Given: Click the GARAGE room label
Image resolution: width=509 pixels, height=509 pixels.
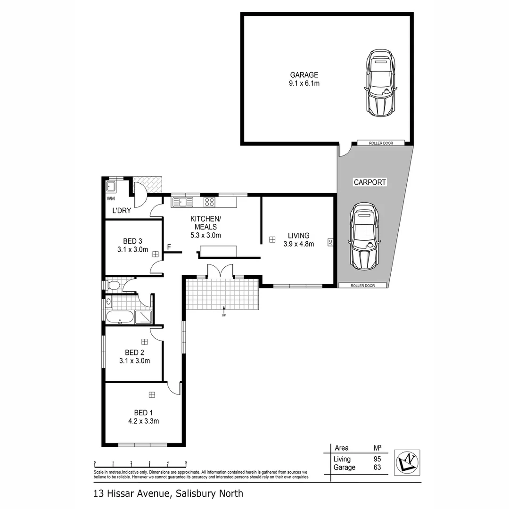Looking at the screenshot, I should [304, 79].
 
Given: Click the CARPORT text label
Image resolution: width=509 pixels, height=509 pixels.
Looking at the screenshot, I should [370, 182].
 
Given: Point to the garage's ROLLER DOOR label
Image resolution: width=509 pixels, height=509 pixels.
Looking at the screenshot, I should [381, 143].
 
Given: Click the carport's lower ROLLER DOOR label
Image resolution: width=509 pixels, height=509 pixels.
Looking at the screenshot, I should [363, 285].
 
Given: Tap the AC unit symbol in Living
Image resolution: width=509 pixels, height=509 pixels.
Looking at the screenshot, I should [330, 242].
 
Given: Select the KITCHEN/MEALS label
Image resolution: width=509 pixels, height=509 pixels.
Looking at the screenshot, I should [205, 227].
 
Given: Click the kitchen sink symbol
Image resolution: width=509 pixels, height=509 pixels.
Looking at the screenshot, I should [182, 202].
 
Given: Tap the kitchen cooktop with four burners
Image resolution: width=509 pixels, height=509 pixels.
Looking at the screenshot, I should [209, 202].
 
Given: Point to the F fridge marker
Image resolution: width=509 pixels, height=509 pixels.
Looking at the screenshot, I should [169, 246].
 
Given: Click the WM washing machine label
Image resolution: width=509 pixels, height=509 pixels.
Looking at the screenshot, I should [110, 199].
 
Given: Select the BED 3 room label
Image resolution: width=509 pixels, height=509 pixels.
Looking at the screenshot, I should [132, 246].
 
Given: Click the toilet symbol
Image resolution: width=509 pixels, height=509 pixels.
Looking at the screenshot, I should [114, 285].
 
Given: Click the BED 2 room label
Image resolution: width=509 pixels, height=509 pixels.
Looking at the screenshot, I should [134, 357].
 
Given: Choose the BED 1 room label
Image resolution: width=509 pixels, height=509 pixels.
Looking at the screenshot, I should [143, 417].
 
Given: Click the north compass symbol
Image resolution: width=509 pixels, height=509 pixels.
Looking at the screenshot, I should [407, 461].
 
